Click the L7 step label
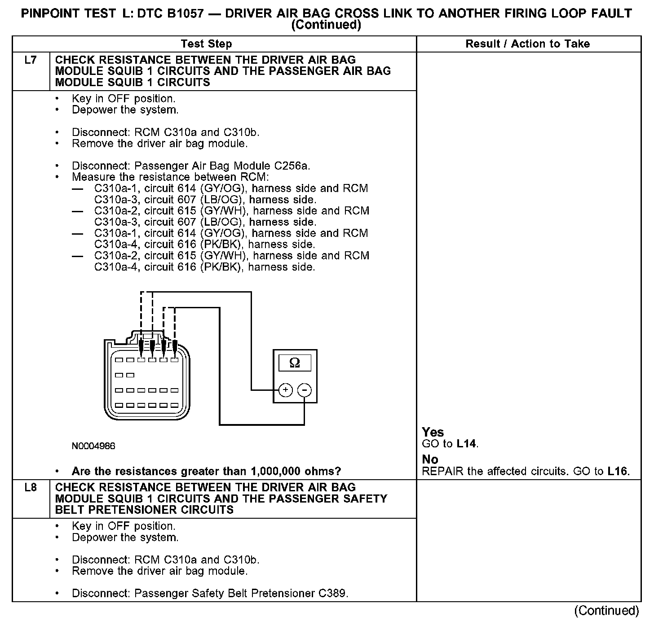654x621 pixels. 31,60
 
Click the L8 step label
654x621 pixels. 31,488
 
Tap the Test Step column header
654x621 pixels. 206,44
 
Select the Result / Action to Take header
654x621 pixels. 528,44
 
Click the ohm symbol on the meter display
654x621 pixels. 295,363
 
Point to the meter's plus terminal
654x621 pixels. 285,390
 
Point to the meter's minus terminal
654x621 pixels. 305,390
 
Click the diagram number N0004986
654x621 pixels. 93,446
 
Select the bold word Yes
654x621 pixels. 433,432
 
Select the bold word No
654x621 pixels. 430,459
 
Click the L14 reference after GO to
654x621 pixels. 467,444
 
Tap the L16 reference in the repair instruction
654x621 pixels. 618,471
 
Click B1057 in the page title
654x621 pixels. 194,13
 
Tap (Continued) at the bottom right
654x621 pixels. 606,611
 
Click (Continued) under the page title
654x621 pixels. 326,25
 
